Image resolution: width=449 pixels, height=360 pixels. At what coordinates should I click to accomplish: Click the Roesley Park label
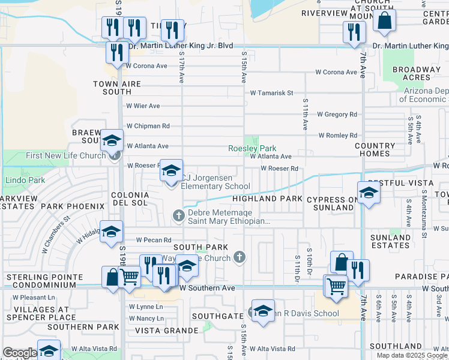coord(252,148)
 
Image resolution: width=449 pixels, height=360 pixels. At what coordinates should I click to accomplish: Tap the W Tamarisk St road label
coord(271,93)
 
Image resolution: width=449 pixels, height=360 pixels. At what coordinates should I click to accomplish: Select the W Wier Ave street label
coord(143,106)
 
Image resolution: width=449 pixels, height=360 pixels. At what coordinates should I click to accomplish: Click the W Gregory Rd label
coord(337,114)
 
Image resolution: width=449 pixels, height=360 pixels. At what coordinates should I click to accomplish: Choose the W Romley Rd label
coord(337,136)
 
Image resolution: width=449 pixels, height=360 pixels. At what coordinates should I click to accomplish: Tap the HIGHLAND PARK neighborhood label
coord(259,199)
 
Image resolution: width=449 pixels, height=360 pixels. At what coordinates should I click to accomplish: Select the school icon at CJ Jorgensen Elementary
coord(171,172)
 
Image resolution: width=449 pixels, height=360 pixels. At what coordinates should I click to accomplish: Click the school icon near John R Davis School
coord(263,311)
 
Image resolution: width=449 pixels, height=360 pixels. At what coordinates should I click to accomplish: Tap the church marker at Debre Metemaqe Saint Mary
coord(178,215)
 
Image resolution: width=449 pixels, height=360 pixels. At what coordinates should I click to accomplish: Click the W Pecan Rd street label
coord(153,240)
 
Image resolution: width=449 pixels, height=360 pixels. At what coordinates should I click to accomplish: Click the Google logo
coord(20,353)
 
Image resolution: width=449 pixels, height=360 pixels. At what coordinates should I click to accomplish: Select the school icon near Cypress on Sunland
coord(369,193)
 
